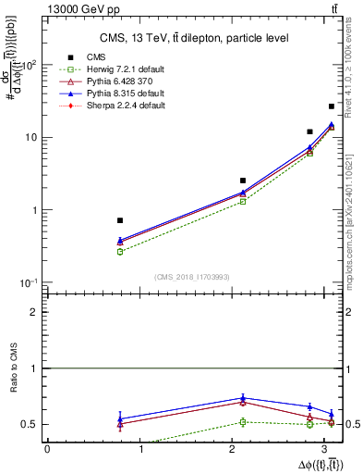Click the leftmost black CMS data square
pos(120,220)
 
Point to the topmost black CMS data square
pos(332,106)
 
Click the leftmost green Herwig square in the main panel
pos(120,252)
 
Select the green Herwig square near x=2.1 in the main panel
pos(243,201)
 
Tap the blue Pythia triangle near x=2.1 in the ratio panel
pos(243,398)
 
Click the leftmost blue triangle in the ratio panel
pos(120,418)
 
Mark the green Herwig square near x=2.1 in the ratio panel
pos(243,422)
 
